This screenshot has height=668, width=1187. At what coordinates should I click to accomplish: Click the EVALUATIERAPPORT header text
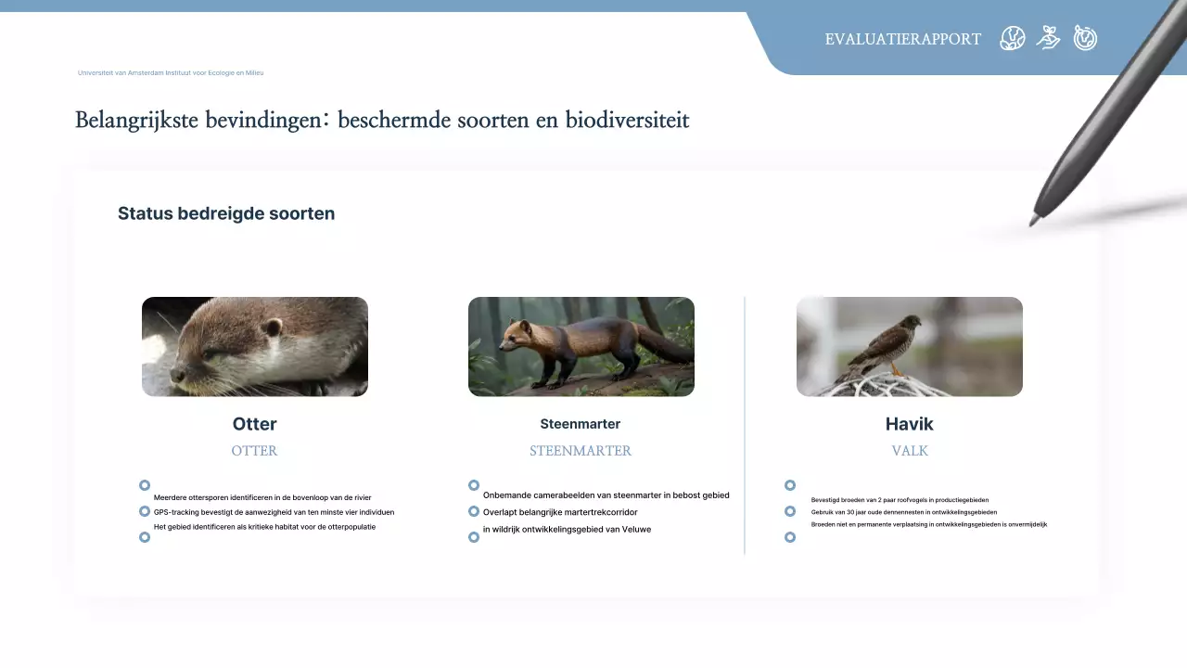[902, 39]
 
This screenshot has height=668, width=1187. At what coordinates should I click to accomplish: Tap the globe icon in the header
[1012, 38]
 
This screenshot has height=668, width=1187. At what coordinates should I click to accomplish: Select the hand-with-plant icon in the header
[1048, 38]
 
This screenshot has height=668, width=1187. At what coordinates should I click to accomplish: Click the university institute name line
[171, 72]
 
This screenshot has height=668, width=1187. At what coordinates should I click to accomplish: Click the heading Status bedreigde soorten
[226, 213]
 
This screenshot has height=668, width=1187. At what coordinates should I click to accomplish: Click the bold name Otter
[254, 424]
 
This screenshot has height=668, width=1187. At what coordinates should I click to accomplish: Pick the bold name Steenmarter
[581, 424]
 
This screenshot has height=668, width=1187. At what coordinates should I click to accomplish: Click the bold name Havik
[909, 424]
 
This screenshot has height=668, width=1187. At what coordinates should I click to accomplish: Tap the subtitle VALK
[909, 451]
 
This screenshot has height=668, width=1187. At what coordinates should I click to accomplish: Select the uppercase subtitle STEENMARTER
[581, 451]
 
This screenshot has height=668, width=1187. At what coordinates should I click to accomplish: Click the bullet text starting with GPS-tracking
[274, 512]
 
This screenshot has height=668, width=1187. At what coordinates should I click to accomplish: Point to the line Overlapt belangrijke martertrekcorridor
[560, 512]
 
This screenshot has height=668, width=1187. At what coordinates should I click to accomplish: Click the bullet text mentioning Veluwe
[567, 530]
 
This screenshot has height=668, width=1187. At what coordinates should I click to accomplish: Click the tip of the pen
[1033, 222]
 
